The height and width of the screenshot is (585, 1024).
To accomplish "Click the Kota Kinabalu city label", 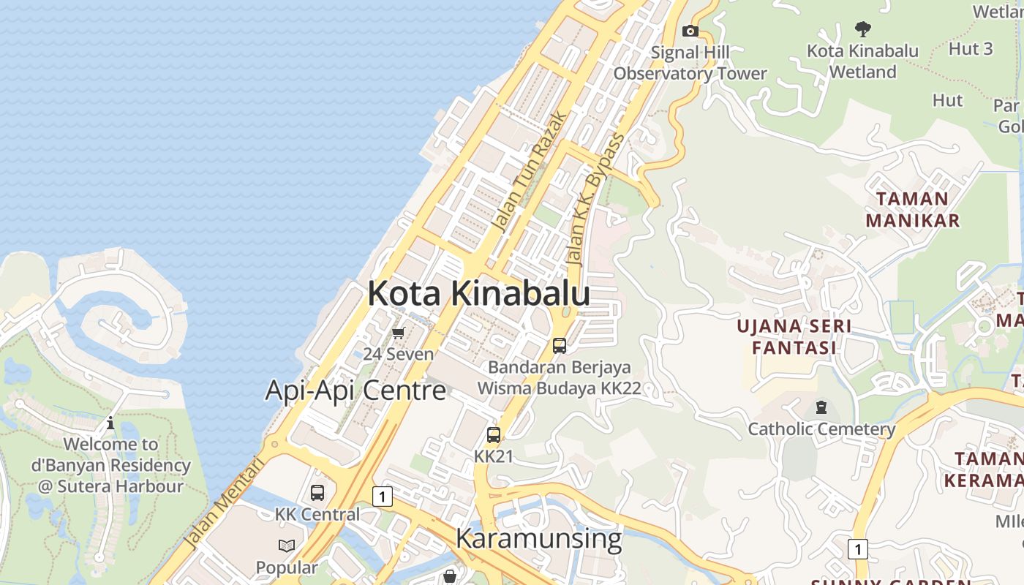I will point(478,293).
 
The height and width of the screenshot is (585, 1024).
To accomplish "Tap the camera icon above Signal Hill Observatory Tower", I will point(690,31).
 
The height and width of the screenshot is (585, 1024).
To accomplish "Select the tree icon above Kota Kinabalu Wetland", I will point(863,29).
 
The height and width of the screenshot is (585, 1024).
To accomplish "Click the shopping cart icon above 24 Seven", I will point(398,333).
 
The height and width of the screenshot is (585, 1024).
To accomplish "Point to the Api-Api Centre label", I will point(355,390).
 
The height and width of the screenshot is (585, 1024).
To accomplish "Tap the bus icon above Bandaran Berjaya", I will point(560,346).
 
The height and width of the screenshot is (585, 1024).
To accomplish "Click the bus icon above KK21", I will point(494,435).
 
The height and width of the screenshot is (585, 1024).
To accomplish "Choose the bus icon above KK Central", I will point(317,493).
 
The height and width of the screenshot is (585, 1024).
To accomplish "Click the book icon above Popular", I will point(287,546).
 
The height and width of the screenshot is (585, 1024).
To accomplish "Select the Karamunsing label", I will point(538,538).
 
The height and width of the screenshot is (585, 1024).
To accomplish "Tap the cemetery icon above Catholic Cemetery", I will point(821,407).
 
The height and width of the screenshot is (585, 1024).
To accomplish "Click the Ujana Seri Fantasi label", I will point(794,336).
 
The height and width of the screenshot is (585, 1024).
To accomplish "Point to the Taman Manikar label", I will point(912,209).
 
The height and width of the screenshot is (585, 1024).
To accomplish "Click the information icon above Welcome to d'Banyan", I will point(110,423).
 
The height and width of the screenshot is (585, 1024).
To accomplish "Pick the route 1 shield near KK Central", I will point(382,497).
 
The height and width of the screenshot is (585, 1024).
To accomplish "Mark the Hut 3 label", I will point(971,49).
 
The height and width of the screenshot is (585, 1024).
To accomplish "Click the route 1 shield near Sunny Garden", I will point(857,548).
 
